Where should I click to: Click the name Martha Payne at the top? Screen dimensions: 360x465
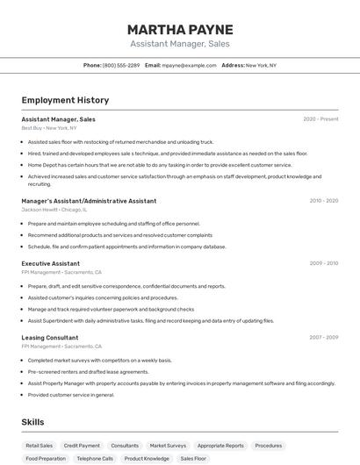[179, 29]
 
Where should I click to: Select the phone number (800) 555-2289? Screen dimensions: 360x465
[120, 65]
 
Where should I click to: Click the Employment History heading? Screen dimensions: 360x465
[65, 100]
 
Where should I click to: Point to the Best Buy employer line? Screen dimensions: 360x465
[49, 128]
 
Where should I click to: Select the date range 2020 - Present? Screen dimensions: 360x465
[320, 119]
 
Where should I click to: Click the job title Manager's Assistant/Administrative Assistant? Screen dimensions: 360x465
[89, 201]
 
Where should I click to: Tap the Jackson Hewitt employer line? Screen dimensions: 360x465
[54, 210]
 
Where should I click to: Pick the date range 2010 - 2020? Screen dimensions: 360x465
[323, 201]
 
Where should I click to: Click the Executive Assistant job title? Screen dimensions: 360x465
[51, 263]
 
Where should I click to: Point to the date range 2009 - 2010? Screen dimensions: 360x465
[323, 263]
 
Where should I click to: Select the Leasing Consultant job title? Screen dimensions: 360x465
[50, 338]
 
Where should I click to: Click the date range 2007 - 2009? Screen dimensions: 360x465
[323, 338]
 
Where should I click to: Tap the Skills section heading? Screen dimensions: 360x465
[33, 422]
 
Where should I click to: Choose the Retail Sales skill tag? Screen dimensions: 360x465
[40, 446]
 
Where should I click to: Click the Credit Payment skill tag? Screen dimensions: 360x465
[82, 446]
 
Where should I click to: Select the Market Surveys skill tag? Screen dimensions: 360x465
[168, 446]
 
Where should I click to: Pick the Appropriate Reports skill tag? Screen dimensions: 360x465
[220, 446]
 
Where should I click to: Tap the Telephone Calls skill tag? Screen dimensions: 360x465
[95, 459]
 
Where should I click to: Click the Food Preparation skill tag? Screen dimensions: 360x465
[46, 459]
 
